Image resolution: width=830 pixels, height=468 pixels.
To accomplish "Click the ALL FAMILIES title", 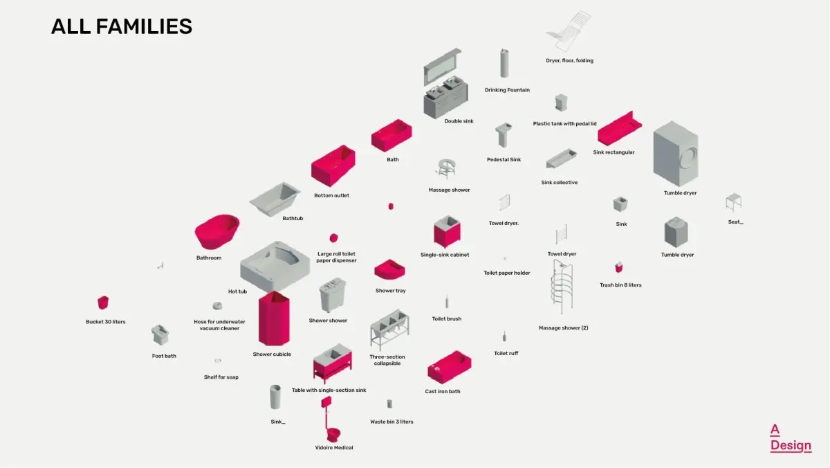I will pos(122,26).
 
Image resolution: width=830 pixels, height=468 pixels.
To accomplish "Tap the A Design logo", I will pos(791,438).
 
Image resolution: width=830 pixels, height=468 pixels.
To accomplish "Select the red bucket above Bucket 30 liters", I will pos(103,303).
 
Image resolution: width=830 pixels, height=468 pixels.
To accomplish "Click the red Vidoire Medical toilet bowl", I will pos(333,435).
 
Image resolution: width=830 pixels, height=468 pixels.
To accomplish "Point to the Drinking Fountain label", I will pos(507,90).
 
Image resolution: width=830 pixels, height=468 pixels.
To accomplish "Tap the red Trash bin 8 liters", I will pos(619,267).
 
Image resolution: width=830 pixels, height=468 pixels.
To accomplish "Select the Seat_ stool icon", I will pos(734,202).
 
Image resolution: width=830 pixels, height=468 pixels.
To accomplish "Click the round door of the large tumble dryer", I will pos(687,158).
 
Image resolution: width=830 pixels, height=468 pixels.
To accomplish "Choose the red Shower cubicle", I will pos(275,318).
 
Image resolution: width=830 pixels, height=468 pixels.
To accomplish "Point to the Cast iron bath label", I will pos(443,392).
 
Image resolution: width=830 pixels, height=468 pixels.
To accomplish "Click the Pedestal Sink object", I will pos(503,136).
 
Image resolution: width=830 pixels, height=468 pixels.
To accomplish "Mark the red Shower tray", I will pos(390,269).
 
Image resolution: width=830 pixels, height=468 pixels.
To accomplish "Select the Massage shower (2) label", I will pos(563,328).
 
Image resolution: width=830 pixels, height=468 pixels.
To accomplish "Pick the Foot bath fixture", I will pos(160,335).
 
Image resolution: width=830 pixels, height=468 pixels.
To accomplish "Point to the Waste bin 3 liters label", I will pos(391,422).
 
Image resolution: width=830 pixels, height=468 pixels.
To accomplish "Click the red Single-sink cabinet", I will pos(447,231).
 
